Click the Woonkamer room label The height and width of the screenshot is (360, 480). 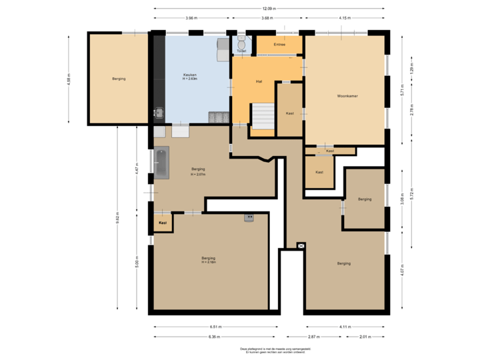(x=347, y=96)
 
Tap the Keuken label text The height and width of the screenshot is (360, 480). (x=191, y=74)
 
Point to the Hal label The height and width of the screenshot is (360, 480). (x=259, y=81)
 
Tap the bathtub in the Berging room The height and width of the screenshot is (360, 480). (x=161, y=164)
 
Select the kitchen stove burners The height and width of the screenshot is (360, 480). (x=218, y=117)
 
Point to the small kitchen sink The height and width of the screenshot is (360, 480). (x=159, y=112)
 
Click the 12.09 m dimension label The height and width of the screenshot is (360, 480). (x=269, y=9)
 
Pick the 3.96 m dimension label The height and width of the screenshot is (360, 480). (x=191, y=18)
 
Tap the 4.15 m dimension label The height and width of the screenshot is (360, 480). (x=344, y=18)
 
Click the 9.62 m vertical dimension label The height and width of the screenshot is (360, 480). (x=118, y=215)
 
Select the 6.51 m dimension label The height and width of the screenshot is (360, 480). (x=215, y=327)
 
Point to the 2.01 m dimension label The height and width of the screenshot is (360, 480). (x=365, y=336)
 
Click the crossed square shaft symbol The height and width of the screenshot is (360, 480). (x=301, y=245)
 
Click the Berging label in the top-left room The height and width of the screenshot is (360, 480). (x=119, y=79)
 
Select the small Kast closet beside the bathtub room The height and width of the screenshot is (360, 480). (x=162, y=222)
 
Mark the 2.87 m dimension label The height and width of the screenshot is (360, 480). (x=315, y=336)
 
